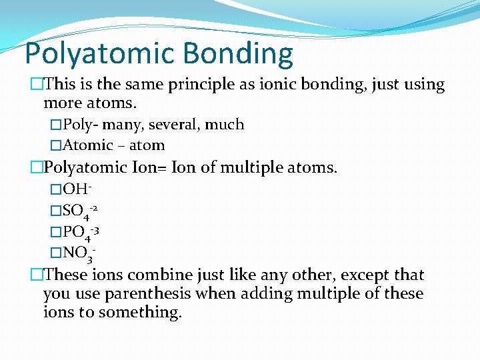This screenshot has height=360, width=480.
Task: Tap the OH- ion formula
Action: (x=77, y=191)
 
